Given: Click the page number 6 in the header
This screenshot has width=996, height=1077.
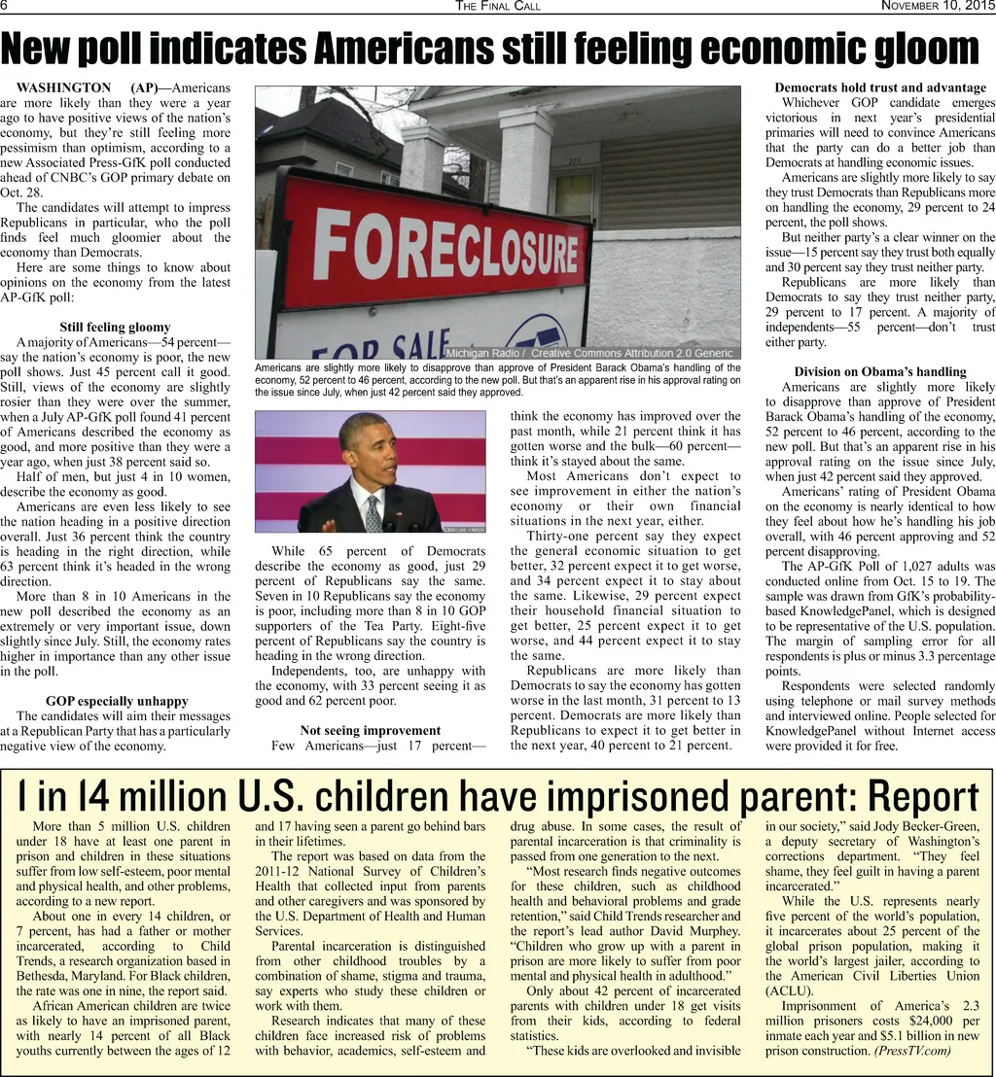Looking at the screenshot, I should (4, 6).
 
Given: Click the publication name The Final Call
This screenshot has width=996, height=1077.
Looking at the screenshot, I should (498, 7).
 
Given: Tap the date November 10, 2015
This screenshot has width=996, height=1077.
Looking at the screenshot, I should (938, 7).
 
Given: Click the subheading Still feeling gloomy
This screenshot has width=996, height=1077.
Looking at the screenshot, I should (115, 328).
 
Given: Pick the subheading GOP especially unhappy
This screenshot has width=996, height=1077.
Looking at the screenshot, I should (117, 701).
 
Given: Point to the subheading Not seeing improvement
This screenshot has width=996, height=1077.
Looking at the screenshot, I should (370, 730).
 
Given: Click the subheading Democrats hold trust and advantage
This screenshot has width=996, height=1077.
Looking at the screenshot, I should (880, 87).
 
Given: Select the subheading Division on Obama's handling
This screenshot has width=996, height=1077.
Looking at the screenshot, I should (880, 371).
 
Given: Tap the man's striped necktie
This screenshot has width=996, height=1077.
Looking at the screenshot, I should (373, 513).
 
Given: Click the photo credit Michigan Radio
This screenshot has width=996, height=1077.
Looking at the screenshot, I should (485, 353).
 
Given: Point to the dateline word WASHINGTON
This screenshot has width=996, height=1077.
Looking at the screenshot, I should (64, 87).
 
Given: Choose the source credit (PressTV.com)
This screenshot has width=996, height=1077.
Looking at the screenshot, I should (911, 1051).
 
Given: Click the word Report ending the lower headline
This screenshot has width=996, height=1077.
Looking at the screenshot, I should (922, 797).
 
